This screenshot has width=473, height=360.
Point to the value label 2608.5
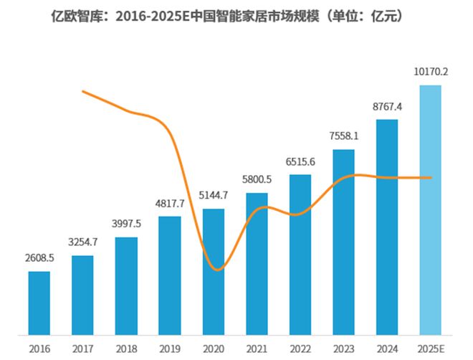39,258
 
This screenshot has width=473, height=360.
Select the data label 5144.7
214,195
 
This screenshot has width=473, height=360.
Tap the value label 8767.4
387,106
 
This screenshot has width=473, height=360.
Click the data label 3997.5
127,224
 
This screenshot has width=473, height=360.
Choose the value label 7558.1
343,136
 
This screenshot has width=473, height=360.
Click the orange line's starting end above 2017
84,91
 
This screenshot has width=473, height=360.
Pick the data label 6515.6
300,162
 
